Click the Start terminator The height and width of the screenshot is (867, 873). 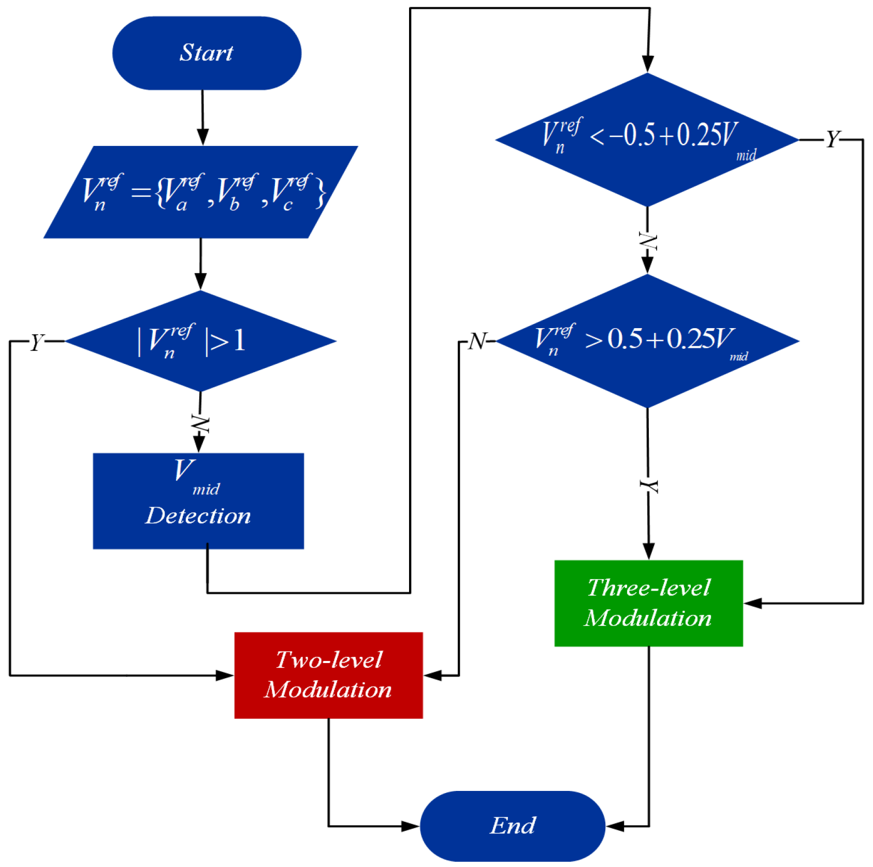click(x=207, y=53)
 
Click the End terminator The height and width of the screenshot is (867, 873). click(x=512, y=826)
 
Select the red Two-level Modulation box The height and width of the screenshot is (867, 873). click(x=328, y=675)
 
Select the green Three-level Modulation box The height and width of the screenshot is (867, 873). click(x=648, y=603)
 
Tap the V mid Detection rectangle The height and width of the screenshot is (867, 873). click(x=198, y=501)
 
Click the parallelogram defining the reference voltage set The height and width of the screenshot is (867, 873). click(x=201, y=192)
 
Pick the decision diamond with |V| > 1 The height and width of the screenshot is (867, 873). click(x=201, y=341)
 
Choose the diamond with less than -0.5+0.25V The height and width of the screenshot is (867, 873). click(x=647, y=140)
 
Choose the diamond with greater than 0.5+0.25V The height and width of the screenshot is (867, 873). click(x=647, y=341)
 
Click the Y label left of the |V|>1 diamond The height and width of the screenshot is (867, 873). click(x=37, y=342)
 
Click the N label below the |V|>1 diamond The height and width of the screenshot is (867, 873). click(x=200, y=424)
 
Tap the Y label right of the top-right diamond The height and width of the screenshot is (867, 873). click(x=832, y=139)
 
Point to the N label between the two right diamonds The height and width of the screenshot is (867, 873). click(x=647, y=241)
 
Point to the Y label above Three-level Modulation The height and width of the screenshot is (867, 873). click(x=648, y=486)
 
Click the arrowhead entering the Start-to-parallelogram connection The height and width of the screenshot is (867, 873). click(x=203, y=137)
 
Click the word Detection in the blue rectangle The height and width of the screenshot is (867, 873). click(x=198, y=516)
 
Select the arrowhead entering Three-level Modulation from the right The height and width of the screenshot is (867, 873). click(x=753, y=603)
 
